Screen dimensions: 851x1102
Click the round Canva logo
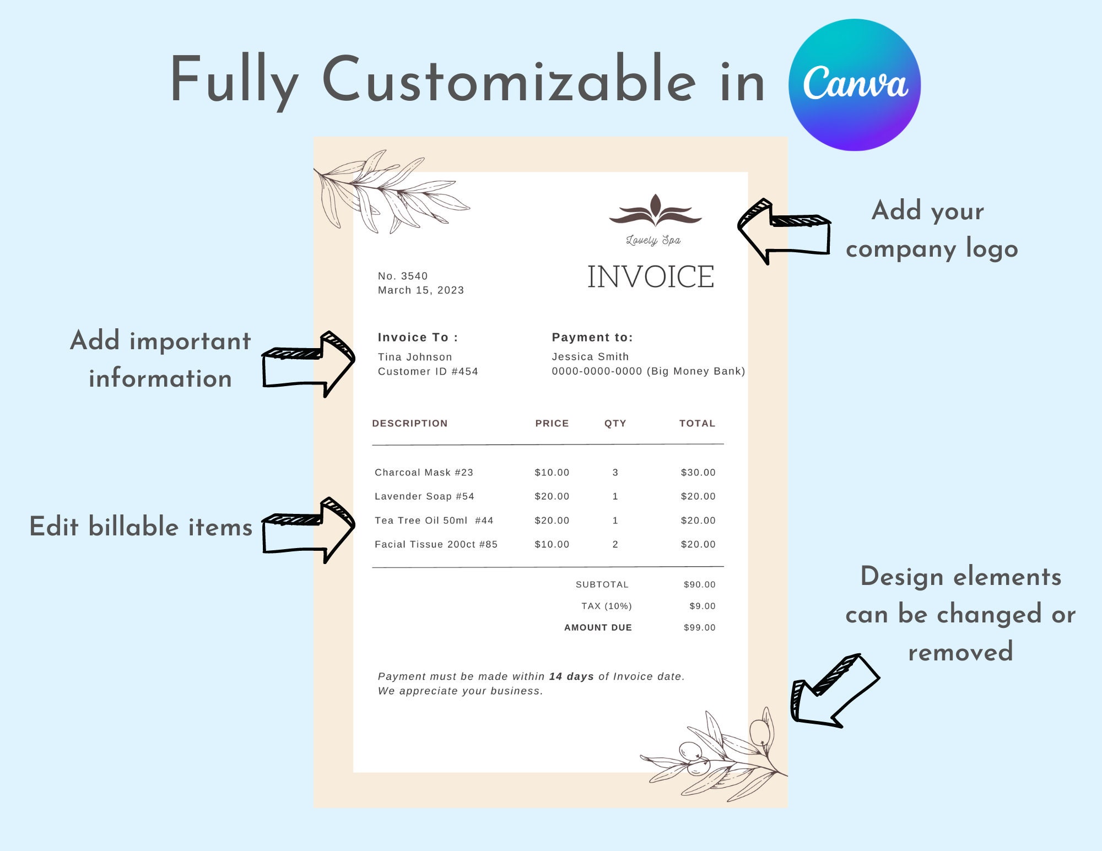pos(855,85)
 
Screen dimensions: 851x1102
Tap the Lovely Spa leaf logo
pos(655,212)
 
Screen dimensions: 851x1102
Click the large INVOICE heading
pos(651,277)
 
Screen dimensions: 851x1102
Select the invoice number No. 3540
pos(403,276)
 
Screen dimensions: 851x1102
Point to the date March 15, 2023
pos(421,290)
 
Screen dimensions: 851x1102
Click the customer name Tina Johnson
pos(415,357)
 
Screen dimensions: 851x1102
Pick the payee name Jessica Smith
pos(590,356)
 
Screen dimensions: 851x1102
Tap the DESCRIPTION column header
pos(410,424)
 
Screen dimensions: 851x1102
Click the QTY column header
pos(615,424)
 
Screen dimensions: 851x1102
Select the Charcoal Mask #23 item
pos(424,473)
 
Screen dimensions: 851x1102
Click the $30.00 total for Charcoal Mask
pos(698,473)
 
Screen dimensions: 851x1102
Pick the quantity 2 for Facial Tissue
pos(615,544)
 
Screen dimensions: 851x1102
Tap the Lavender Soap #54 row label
pos(424,496)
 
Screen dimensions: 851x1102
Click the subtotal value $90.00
pos(699,584)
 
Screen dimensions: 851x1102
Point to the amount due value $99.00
pos(699,627)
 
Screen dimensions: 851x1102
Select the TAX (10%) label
pos(606,606)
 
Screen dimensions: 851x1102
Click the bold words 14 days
pos(571,676)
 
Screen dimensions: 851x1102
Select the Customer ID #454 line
pos(428,371)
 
